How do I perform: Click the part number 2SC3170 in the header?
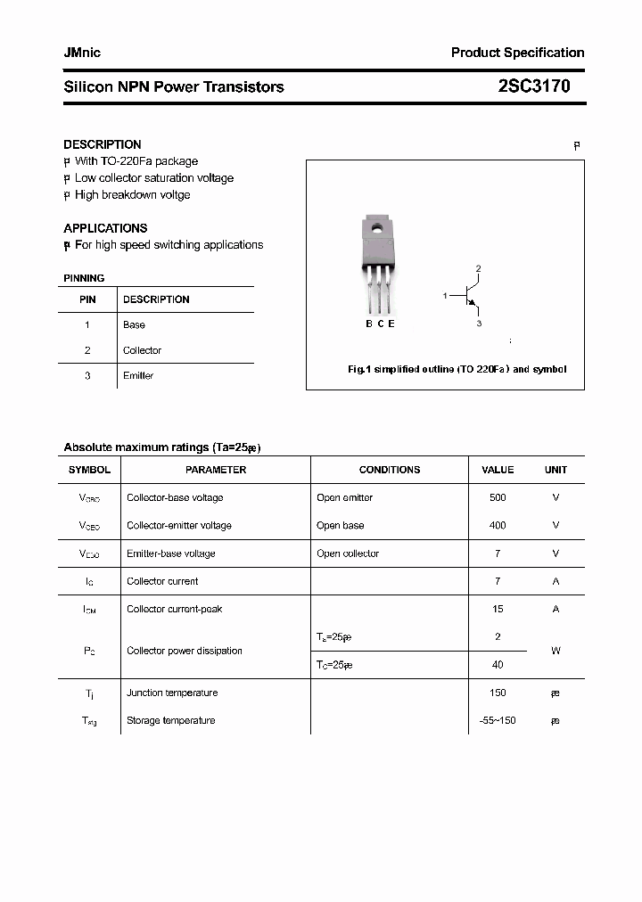click(534, 86)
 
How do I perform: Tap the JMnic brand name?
click(82, 53)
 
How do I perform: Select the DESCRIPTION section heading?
click(102, 144)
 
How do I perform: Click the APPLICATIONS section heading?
click(105, 228)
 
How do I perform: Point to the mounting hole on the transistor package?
click(377, 229)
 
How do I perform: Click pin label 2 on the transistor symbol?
click(479, 268)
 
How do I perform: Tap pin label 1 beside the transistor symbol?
click(445, 295)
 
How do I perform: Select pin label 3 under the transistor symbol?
click(479, 324)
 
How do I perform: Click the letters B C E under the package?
click(380, 324)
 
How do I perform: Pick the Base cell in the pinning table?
click(134, 325)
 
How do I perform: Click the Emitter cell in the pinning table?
click(138, 376)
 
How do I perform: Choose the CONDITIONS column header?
click(389, 470)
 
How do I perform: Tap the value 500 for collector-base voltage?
click(498, 497)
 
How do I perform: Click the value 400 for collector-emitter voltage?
click(498, 526)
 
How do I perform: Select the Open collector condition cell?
click(348, 553)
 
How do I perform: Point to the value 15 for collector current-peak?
click(498, 610)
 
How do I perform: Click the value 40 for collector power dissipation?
click(498, 665)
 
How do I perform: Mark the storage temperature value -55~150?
click(498, 720)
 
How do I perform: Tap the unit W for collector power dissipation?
click(556, 651)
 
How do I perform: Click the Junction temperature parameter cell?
click(172, 693)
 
